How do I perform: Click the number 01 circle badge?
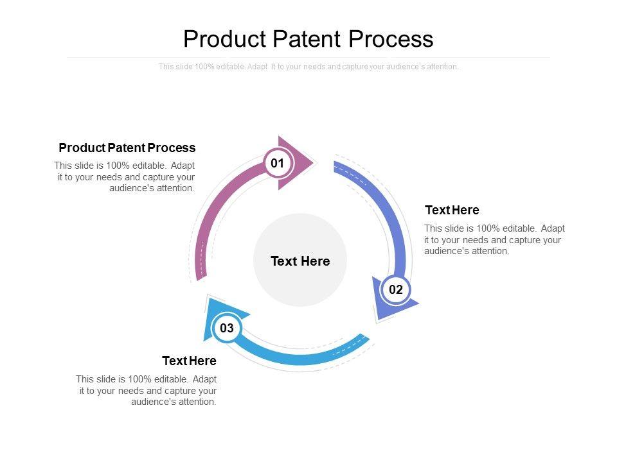(277, 164)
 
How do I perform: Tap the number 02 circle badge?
(396, 290)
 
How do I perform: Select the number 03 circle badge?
(227, 329)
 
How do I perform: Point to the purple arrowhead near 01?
(297, 163)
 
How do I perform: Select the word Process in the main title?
(391, 39)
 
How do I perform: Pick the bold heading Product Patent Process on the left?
(127, 148)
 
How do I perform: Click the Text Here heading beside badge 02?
(452, 210)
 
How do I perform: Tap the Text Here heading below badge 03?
(189, 361)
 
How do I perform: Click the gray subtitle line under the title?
(308, 67)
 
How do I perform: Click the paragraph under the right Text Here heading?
(494, 240)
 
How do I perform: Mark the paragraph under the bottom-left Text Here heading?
(147, 391)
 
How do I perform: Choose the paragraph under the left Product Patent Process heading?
(125, 177)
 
